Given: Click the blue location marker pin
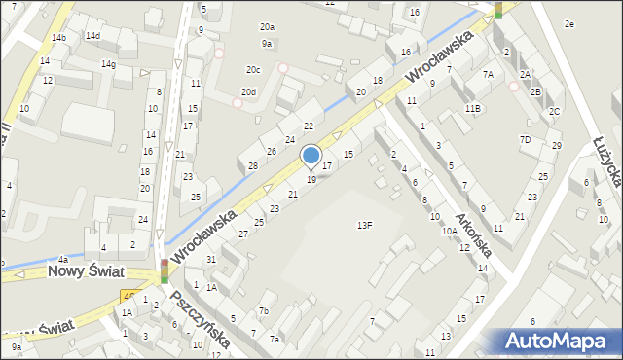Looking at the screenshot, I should click(x=311, y=157).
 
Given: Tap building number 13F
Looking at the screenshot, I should click(x=364, y=225).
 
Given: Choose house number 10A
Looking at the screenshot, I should click(x=449, y=232).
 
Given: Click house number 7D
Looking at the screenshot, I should click(x=525, y=139).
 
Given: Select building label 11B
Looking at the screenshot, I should click(x=472, y=108).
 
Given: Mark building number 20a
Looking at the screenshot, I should click(x=266, y=27).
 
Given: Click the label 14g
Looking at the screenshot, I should click(x=108, y=64).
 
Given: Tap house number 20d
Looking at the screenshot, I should click(x=249, y=92).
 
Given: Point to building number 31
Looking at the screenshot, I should click(x=211, y=259).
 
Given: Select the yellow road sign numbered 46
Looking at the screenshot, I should click(x=128, y=295).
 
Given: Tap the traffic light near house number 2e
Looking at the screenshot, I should click(x=498, y=9).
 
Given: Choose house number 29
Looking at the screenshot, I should click(x=556, y=146).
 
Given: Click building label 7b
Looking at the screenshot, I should click(x=263, y=311).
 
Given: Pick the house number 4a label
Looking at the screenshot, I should click(x=62, y=260).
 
